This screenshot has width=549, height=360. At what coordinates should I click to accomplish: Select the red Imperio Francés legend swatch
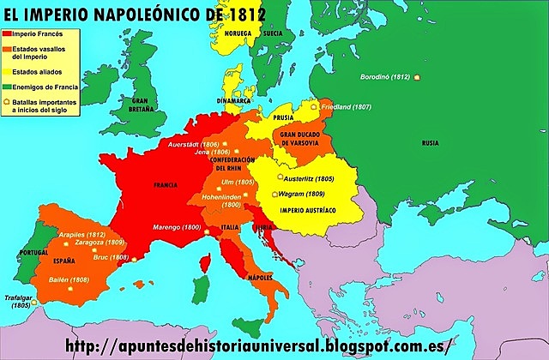[x=9, y=34]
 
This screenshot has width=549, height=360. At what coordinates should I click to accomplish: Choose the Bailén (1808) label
[x=68, y=279]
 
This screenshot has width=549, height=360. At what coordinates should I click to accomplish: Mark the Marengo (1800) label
[x=180, y=227]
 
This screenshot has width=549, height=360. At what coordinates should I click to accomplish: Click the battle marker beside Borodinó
[x=416, y=77]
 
